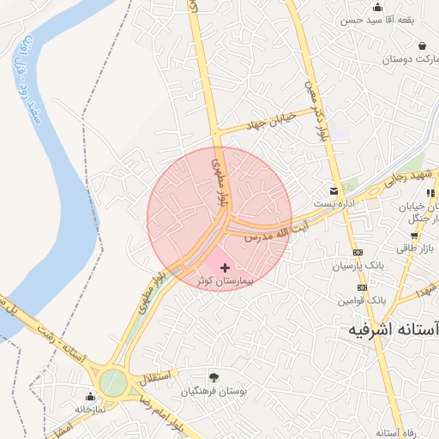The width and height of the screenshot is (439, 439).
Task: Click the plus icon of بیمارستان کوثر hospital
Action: coord(226,268)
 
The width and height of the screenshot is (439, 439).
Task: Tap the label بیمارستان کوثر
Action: coord(225,281)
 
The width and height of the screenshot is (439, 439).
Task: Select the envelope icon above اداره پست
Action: coord(334,189)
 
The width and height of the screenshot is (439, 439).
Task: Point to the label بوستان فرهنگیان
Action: coord(213,391)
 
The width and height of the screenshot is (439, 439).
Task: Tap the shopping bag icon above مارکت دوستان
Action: coord(422,45)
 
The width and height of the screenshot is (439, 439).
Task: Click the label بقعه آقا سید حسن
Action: coord(371,19)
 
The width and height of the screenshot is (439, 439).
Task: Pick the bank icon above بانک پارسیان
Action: coord(358,252)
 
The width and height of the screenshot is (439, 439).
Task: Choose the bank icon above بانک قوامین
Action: coord(362,288)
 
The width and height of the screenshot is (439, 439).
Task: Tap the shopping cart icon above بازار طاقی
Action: coord(414,235)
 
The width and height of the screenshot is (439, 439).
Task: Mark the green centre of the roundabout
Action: coord(111,382)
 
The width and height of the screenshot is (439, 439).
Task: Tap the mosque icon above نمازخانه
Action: coord(91,395)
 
